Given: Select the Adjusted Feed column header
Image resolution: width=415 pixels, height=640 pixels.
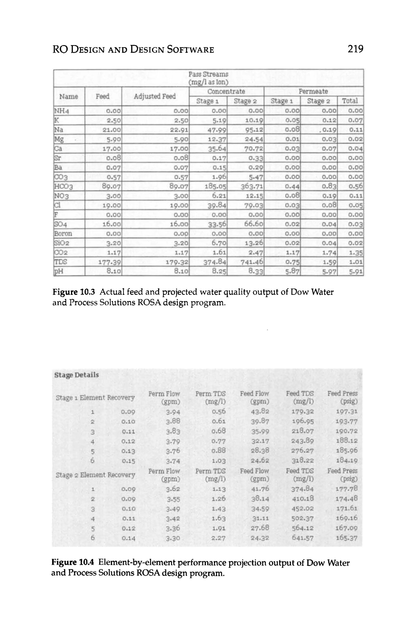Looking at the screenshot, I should coord(155,96).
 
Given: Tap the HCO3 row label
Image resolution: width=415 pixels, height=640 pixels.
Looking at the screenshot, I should coord(64,186).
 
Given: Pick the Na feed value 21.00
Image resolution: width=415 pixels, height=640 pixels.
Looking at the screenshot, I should coord(112,130).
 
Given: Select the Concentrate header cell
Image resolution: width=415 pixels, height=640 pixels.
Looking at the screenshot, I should coord(226,91).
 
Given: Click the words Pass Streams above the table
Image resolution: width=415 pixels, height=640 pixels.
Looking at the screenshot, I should coord(208,74).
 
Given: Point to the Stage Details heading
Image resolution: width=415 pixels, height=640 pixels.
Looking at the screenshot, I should coord(77,375).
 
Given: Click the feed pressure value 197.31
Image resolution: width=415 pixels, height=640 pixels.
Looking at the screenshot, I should coord(347,412).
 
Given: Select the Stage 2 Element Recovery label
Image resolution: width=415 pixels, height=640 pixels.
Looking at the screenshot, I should coord(95,475).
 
